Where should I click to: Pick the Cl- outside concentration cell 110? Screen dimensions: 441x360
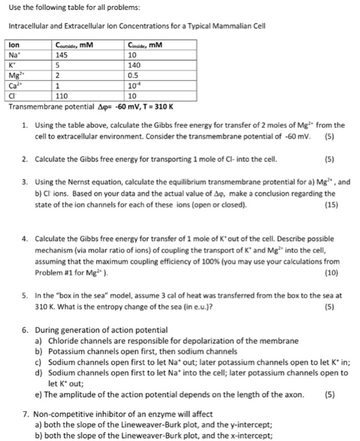(x=62, y=96)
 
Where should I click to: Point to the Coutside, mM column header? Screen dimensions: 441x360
(x=74, y=45)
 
